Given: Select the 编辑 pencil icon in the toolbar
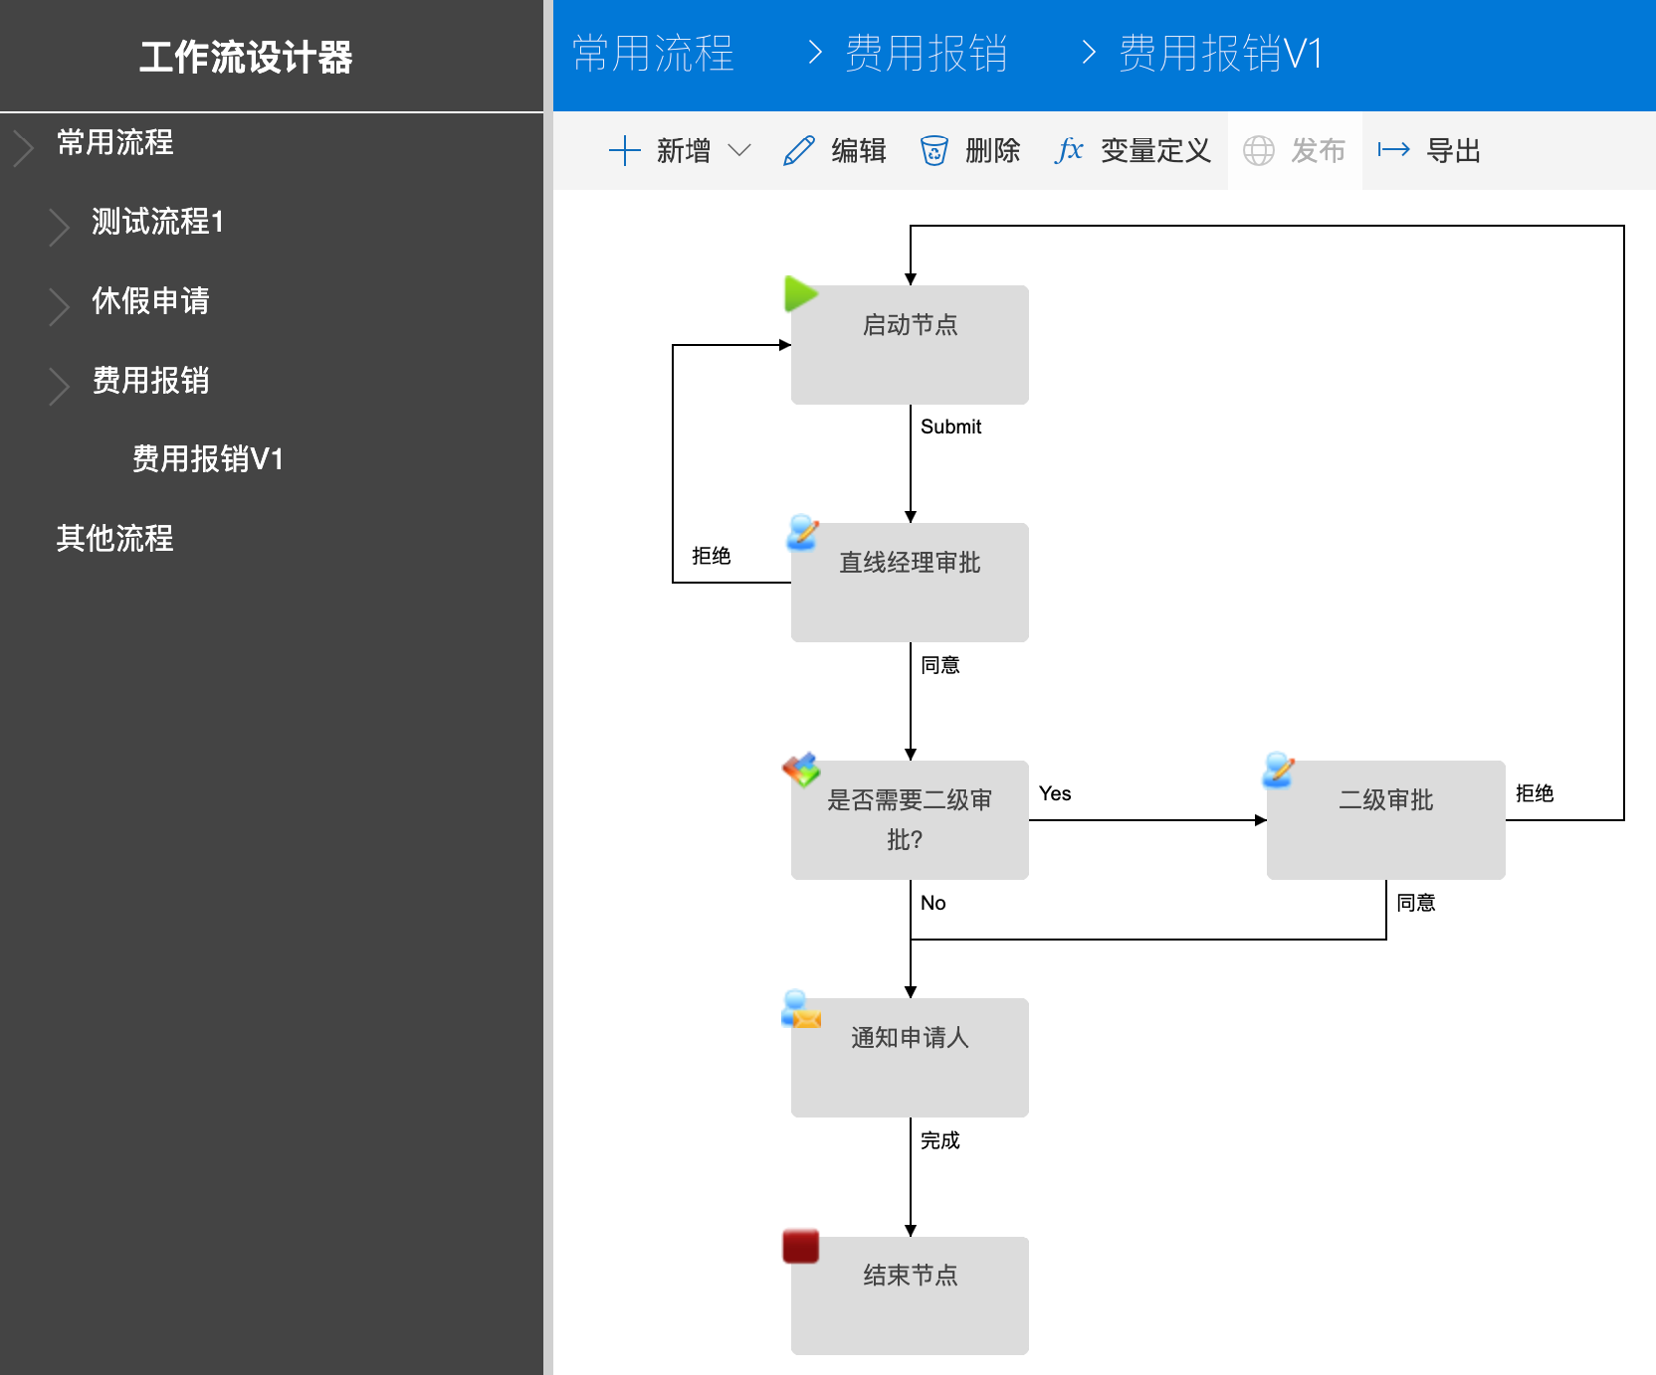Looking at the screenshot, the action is click(799, 151).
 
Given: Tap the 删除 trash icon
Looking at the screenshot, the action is click(934, 151).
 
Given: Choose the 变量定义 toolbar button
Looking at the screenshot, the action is click(1132, 151).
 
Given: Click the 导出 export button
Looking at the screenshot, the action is click(1429, 151).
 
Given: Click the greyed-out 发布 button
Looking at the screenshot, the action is click(1294, 151).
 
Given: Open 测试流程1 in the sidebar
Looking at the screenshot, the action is click(157, 221).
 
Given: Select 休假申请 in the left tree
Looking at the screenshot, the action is click(150, 300).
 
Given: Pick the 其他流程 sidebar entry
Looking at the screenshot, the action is click(115, 538).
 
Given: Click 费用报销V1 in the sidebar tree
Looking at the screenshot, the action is click(208, 458).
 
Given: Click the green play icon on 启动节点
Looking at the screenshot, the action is click(800, 294).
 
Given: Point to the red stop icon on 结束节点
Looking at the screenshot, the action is click(800, 1245).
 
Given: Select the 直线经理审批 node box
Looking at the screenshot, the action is click(910, 582).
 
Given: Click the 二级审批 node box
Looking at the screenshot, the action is click(1385, 820).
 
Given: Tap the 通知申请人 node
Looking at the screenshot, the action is click(910, 1057).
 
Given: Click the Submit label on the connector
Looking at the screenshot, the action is click(951, 427).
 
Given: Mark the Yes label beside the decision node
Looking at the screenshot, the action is click(1055, 794).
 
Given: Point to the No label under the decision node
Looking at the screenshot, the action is click(933, 903).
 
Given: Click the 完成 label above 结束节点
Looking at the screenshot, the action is click(940, 1140).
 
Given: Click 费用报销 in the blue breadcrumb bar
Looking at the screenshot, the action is click(927, 53).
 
